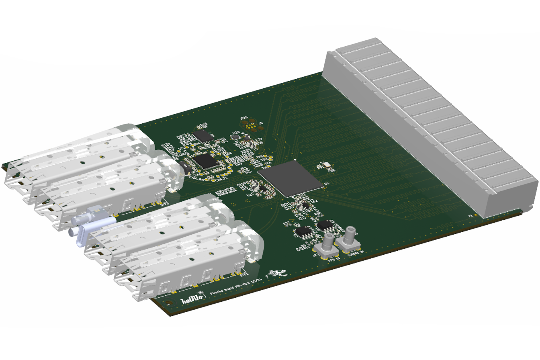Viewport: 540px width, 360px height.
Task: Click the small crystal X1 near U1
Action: pos(327,164)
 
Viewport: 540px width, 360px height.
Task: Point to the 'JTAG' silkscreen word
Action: pos(243,118)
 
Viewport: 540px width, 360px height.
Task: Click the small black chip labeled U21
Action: pos(262,188)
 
